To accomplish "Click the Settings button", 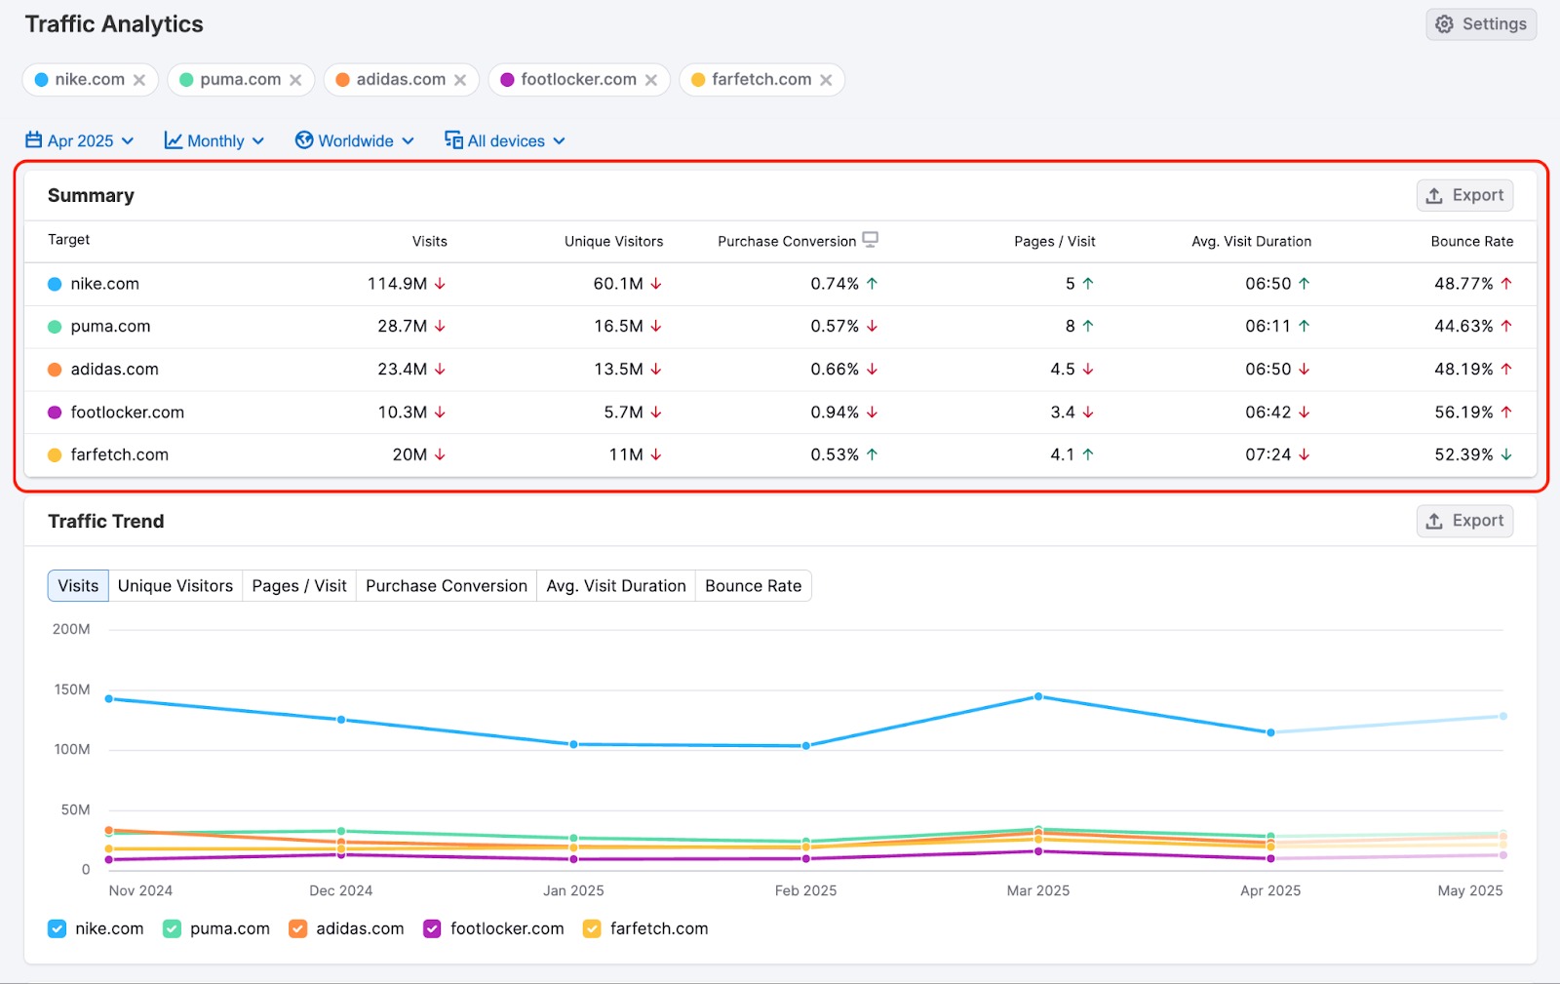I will click(x=1481, y=24).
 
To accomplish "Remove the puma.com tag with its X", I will click(x=295, y=80).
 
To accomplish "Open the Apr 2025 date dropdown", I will click(x=80, y=140).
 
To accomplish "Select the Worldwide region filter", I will click(x=355, y=140).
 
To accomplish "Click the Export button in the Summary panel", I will click(x=1464, y=195).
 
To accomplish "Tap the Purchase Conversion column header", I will click(x=787, y=241).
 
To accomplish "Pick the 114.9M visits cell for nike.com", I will click(x=397, y=284).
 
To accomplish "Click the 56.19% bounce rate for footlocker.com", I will click(x=1463, y=413).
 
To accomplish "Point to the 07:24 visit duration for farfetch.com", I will click(x=1267, y=454).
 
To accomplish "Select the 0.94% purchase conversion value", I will click(x=835, y=413).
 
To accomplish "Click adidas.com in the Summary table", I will click(x=114, y=370).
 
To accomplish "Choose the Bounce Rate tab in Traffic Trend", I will click(x=753, y=586).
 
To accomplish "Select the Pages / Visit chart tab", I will click(x=299, y=586).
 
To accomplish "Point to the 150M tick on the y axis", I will click(x=72, y=689).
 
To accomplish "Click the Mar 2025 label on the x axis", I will click(x=1037, y=890).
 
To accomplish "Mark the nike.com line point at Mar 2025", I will click(x=1038, y=696).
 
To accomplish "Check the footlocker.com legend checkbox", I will click(x=432, y=928).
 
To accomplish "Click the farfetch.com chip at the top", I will click(x=760, y=80).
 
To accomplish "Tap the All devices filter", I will click(x=505, y=140).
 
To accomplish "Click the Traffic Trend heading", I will click(x=106, y=521).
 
